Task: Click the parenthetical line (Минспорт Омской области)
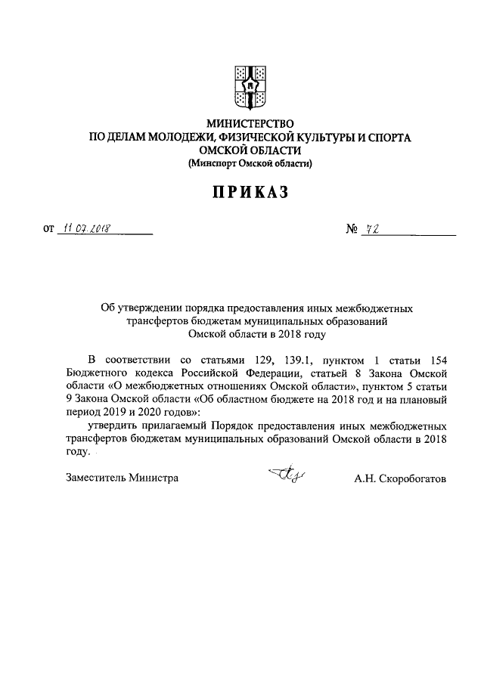pyautogui.click(x=250, y=163)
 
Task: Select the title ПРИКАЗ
pyautogui.click(x=250, y=193)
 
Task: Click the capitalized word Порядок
pyautogui.click(x=234, y=426)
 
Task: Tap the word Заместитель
pyautogui.click(x=95, y=478)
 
